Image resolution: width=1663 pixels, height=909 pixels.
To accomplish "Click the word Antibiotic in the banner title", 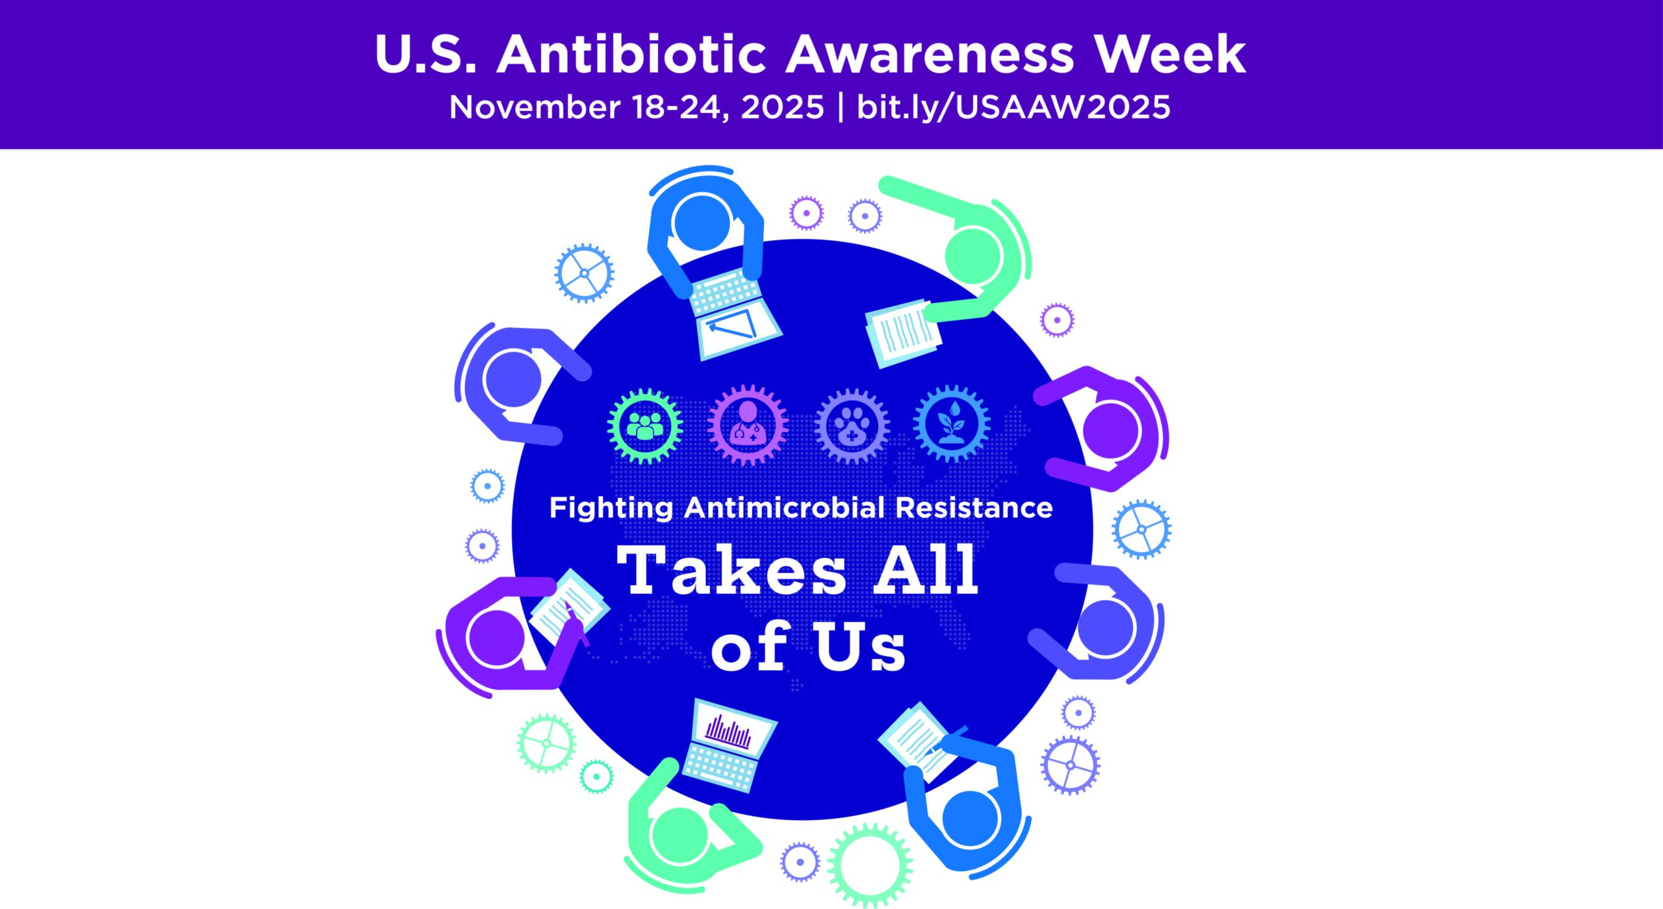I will click(631, 55).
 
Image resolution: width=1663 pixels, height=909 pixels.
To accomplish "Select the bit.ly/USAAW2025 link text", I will click(1013, 107).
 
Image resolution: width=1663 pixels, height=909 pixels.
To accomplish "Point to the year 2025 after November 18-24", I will click(782, 107).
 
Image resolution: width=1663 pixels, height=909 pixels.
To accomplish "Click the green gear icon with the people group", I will click(645, 426).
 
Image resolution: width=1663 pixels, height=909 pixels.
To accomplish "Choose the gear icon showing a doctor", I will click(748, 426).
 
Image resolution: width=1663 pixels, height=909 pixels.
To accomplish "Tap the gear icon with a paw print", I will click(852, 427).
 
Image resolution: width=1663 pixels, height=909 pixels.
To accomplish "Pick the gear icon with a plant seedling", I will click(952, 424).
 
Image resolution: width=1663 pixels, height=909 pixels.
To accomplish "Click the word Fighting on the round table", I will click(611, 508).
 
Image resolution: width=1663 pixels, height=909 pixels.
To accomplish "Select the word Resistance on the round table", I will click(974, 508).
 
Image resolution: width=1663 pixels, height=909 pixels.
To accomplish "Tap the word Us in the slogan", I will click(861, 647).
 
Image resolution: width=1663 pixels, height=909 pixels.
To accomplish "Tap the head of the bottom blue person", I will click(970, 819).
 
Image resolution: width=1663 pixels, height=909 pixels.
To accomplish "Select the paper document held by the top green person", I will click(902, 332).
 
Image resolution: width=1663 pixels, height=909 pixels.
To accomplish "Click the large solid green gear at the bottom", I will click(870, 865).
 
